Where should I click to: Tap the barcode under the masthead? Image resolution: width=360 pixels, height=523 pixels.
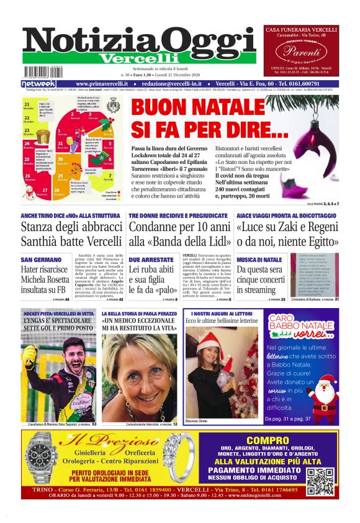click(x=40, y=72)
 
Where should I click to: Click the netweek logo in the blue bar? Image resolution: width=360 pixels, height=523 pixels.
click(x=39, y=83)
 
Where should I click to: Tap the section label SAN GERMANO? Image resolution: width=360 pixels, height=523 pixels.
click(x=40, y=259)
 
